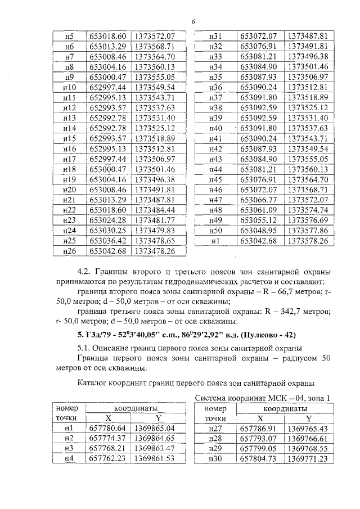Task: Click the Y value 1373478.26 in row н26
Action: [155, 250]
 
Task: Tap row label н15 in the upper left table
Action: [70, 138]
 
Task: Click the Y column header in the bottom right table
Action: [308, 418]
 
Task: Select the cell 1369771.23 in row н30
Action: [307, 458]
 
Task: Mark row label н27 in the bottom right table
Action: [215, 428]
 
